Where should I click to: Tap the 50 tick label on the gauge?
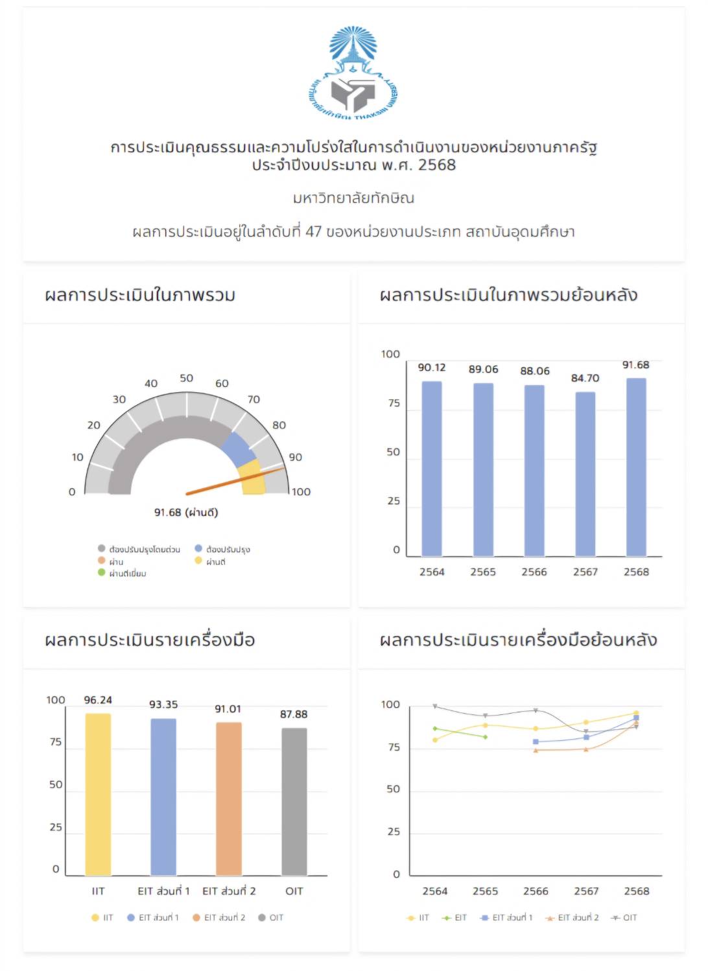[186, 378]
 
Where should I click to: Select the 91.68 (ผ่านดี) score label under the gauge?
[186, 513]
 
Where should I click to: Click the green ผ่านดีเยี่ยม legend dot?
[101, 572]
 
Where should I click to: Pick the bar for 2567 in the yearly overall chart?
[585, 473]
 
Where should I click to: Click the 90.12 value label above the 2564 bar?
[431, 368]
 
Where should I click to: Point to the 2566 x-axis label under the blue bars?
[534, 572]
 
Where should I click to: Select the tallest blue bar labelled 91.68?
[636, 467]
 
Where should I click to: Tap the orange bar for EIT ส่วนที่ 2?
[228, 799]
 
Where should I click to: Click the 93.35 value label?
[163, 705]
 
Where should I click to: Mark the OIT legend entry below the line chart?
[624, 917]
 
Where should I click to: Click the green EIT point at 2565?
[485, 737]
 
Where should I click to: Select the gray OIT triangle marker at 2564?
[434, 707]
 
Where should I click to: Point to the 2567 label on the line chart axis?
[585, 891]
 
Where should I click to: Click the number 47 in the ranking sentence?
[313, 232]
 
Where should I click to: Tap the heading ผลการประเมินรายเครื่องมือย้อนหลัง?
[518, 640]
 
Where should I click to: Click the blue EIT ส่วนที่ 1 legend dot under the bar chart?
[131, 917]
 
